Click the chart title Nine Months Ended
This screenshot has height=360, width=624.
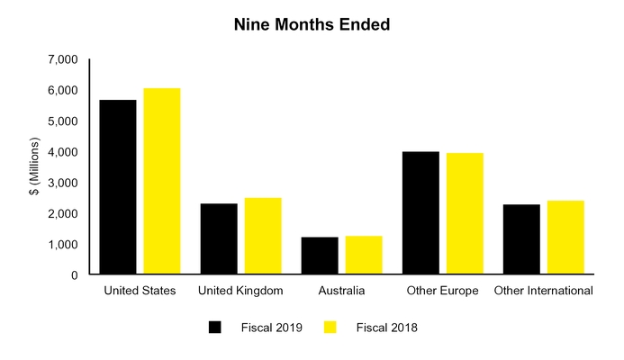click(x=312, y=25)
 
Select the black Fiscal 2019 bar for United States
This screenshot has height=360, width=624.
click(x=118, y=187)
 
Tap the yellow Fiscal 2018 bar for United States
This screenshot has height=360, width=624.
click(x=162, y=182)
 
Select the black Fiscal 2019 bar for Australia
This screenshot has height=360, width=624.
click(x=320, y=256)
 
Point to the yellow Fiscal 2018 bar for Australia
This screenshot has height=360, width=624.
click(x=364, y=256)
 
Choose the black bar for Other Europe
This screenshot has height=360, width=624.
click(x=421, y=213)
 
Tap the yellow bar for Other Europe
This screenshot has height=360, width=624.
click(x=465, y=214)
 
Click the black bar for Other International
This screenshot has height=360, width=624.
click(x=521, y=239)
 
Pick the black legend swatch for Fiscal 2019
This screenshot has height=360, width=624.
click(x=214, y=328)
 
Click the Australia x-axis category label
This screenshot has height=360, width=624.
click(x=341, y=291)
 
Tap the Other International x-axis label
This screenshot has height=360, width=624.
click(x=543, y=291)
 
